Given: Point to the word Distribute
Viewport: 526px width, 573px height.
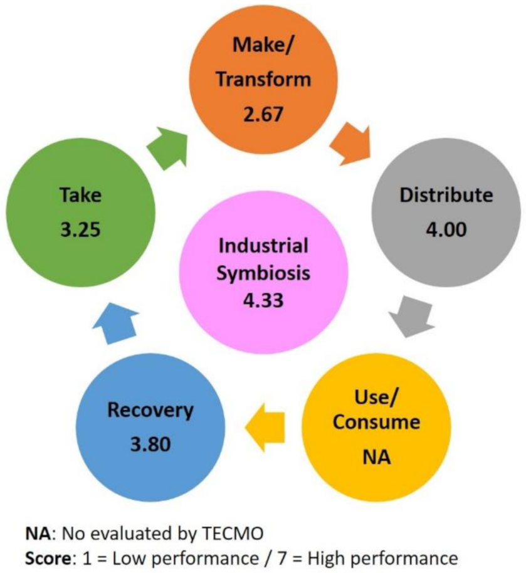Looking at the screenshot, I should click(x=446, y=196).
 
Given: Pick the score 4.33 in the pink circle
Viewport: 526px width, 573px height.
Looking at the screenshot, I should click(x=263, y=300).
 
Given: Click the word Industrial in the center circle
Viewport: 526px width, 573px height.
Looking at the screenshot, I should click(x=263, y=246).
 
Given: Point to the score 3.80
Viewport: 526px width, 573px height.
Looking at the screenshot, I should click(x=150, y=445).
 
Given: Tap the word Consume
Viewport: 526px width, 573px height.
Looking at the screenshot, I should click(x=376, y=422).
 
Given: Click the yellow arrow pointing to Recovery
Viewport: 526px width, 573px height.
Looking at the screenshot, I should click(x=264, y=425).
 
